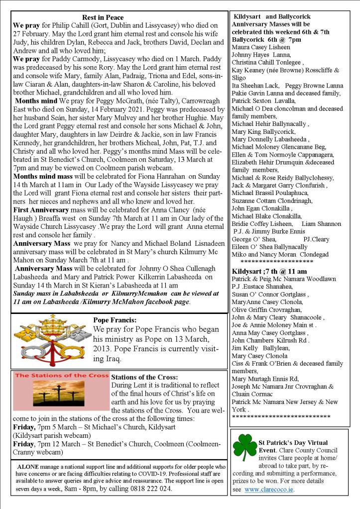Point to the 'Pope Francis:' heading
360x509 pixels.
[115, 320]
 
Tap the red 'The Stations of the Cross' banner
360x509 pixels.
[61, 375]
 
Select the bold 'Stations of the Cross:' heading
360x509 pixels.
[145, 377]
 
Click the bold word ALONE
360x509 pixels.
[27, 467]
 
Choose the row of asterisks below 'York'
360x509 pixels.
[281, 416]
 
